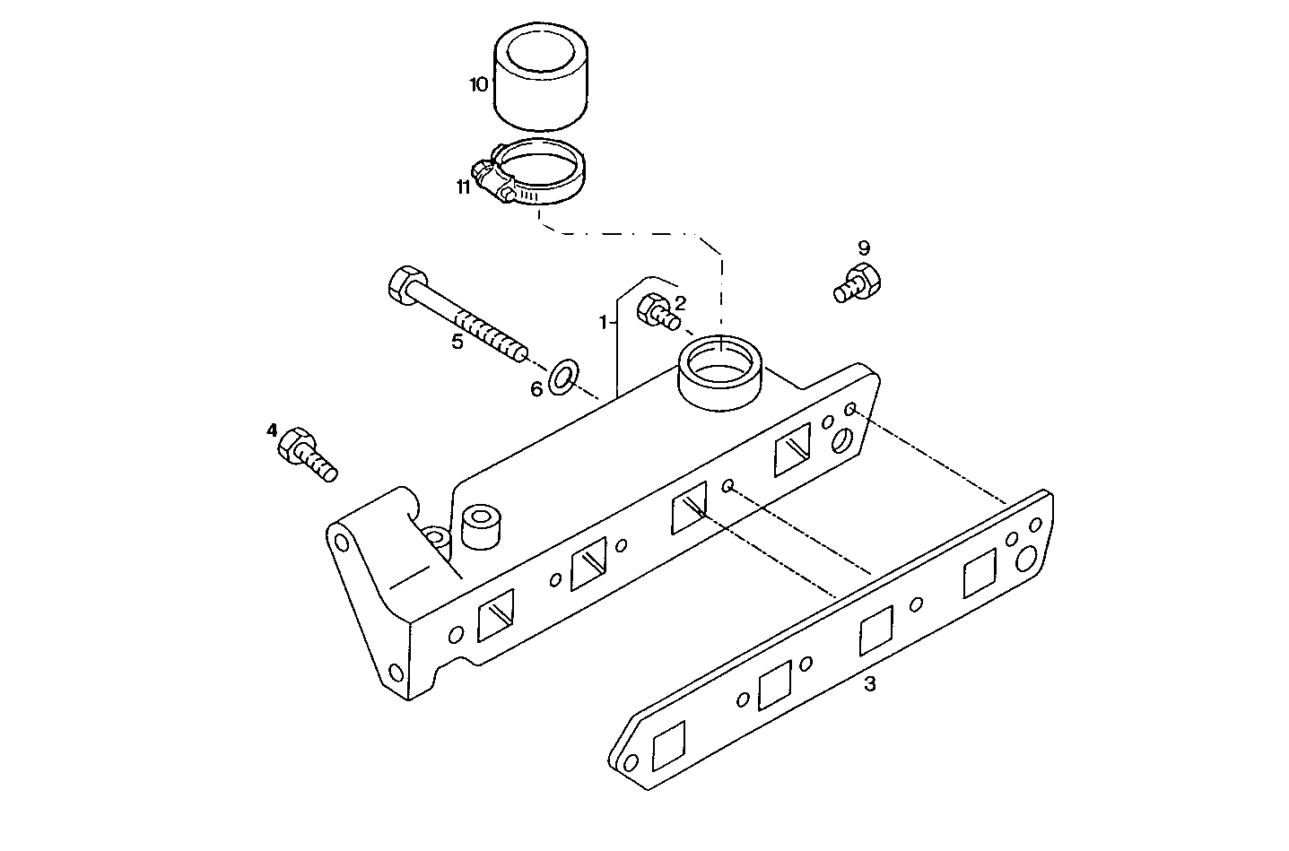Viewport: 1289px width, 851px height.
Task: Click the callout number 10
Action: coord(478,84)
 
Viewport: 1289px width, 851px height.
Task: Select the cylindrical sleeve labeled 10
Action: coord(540,77)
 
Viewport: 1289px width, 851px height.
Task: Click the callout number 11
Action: coord(463,187)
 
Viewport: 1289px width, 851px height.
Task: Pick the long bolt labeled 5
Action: coord(457,314)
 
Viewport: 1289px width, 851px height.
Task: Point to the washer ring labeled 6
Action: coord(563,376)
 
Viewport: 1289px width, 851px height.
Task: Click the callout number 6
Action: coord(536,389)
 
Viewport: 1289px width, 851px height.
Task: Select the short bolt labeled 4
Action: coord(306,454)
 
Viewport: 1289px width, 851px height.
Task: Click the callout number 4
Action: coord(272,430)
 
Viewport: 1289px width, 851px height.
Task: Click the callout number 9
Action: coord(863,247)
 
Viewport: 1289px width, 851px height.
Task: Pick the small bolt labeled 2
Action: coord(656,311)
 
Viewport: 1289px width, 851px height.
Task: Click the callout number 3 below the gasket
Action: coord(868,685)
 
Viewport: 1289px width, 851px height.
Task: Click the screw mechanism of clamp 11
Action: coord(489,178)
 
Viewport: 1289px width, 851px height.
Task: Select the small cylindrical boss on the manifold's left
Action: coord(481,526)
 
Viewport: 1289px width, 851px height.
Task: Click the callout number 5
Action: coord(457,342)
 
